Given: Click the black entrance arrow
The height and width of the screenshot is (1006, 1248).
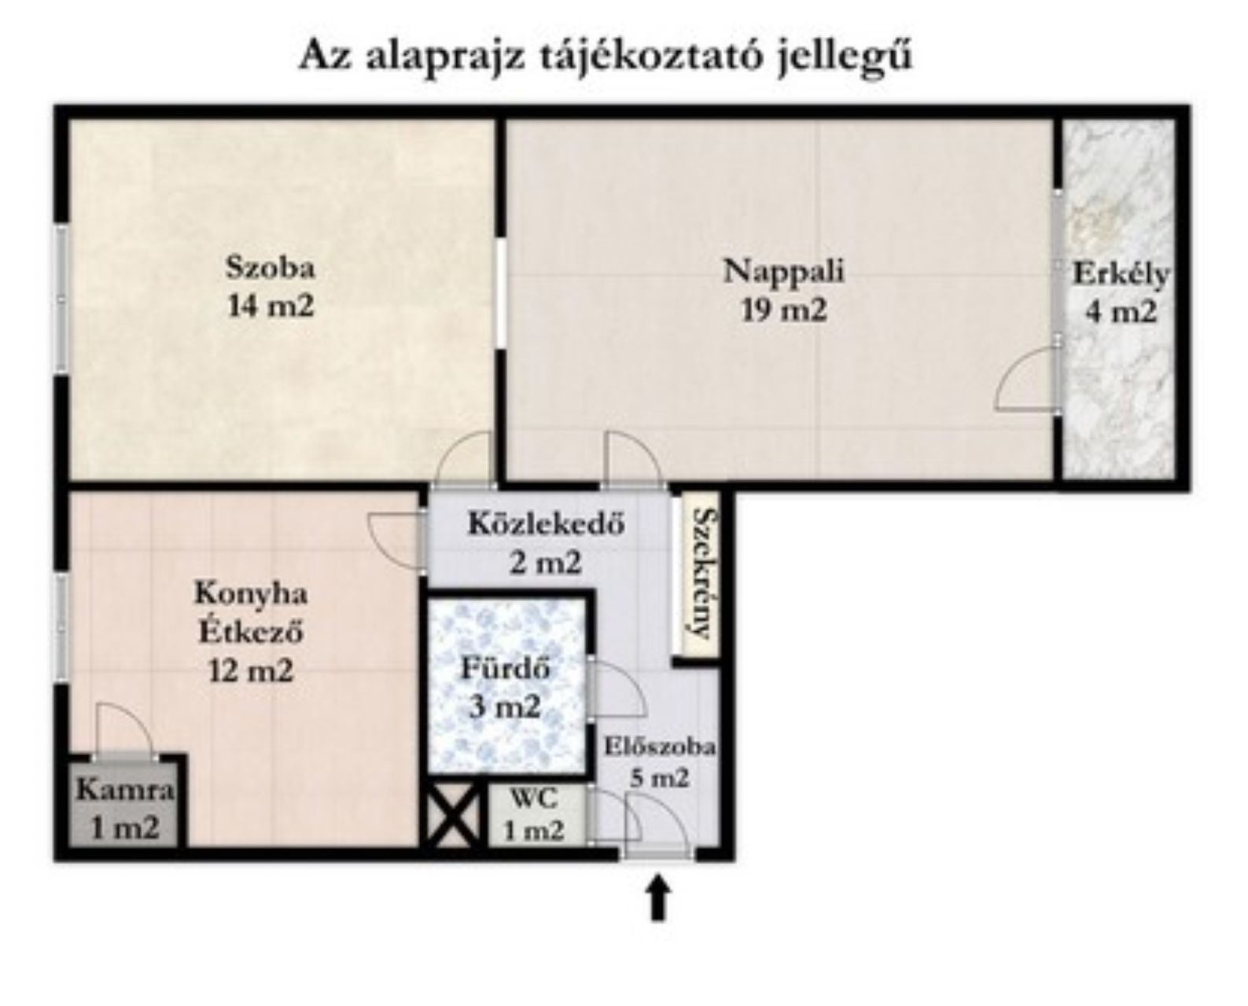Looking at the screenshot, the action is (657, 898).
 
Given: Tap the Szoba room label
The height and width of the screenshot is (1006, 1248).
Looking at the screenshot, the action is (271, 269).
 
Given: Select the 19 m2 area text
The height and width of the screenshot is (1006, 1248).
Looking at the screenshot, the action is (783, 310).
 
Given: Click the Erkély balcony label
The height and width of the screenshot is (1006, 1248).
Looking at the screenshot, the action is (1121, 274).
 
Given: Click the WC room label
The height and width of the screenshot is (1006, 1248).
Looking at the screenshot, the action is (533, 799).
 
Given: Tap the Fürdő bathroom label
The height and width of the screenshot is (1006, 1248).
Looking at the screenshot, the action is (505, 669).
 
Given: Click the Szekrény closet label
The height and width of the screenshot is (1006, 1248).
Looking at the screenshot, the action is (701, 573).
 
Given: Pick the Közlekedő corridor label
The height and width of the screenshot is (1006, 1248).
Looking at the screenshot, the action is (547, 523).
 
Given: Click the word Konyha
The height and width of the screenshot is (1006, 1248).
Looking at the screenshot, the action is (251, 593).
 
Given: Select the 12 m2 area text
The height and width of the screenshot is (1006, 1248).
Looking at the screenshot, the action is (251, 671).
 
